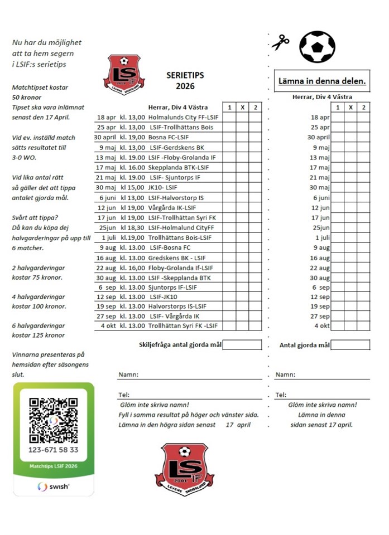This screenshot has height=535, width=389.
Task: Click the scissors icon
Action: pos(281,43)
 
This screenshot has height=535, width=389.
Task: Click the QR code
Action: pos(54,420)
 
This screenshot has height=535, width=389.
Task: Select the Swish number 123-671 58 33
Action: pos(54,450)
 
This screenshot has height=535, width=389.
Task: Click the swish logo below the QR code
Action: pos(54,486)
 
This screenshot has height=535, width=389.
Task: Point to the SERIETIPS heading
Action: pos(182,74)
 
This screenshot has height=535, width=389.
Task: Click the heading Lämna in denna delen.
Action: pos(322,81)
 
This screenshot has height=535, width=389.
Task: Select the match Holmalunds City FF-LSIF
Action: pos(184,118)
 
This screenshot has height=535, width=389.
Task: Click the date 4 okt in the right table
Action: pos(322,325)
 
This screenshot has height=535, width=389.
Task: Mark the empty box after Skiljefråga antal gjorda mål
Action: pos(242,344)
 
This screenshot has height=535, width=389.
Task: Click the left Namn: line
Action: pos(190,375)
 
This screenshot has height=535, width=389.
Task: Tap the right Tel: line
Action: pos(322,395)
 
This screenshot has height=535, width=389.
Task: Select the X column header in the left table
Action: pos(242,108)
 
